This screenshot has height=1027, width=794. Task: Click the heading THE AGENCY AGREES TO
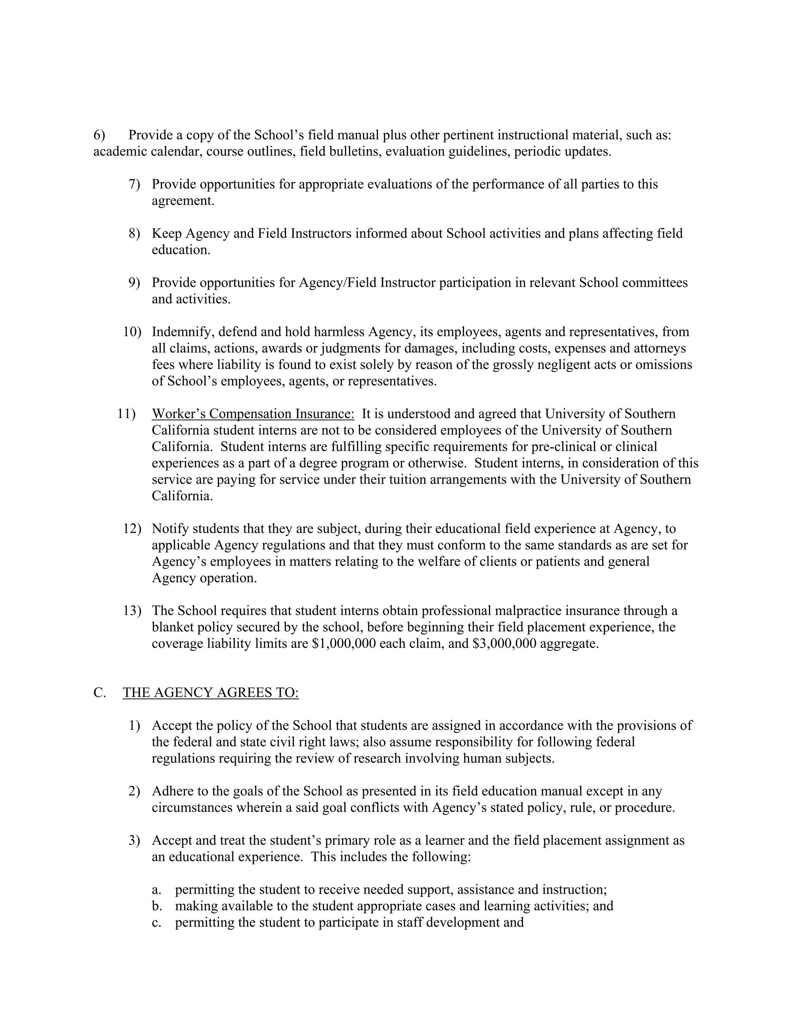coord(211,693)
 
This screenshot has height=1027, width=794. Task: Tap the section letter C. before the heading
coord(99,693)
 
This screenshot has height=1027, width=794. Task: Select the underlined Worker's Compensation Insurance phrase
coord(253,414)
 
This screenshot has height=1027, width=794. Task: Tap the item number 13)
coord(132,610)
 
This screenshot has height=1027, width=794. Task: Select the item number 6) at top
coord(99,135)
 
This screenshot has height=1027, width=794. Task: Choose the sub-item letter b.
coord(157,906)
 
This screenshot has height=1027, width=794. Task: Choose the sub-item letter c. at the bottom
coord(157,922)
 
